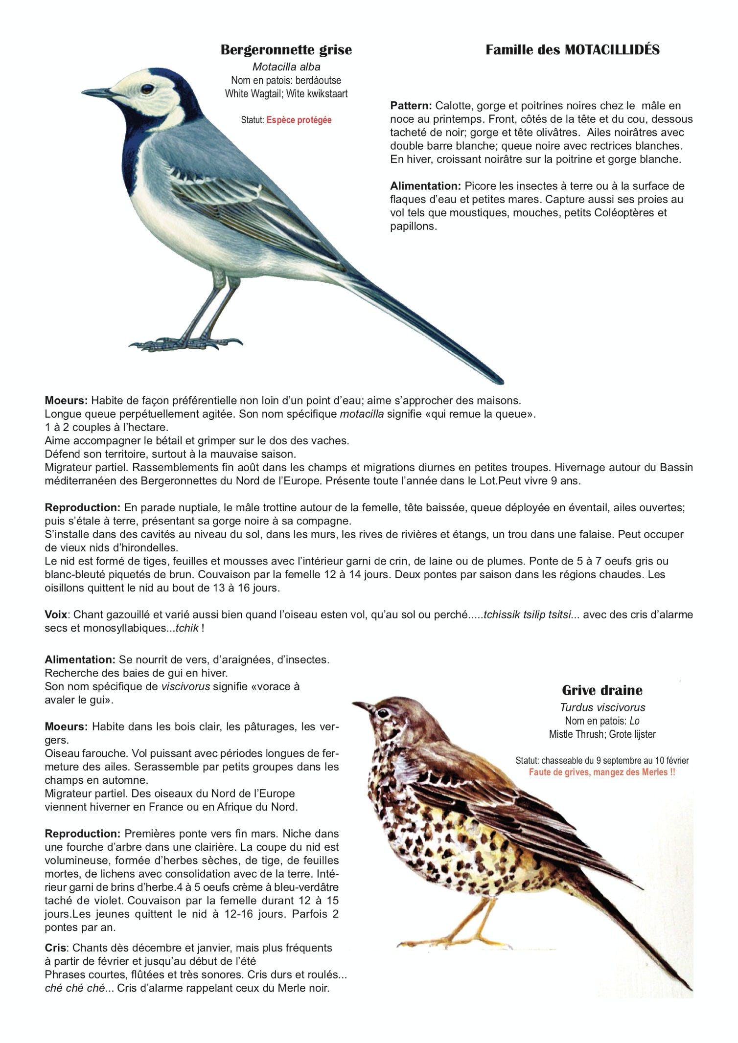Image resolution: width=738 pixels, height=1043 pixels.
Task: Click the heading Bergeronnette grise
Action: pos(286,50)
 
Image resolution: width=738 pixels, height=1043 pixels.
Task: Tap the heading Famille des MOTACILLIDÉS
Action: pos(572,50)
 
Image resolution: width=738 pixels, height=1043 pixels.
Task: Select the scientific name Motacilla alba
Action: pos(286,67)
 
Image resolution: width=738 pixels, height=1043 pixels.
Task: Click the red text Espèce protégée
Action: pos(299,120)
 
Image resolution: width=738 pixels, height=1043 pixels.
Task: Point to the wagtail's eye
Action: pos(147,89)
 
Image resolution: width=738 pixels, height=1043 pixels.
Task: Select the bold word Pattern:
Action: pos(411,106)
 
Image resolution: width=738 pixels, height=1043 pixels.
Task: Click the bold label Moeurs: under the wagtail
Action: pos(66,401)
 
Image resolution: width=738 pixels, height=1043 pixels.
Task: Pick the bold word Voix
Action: pos(56,614)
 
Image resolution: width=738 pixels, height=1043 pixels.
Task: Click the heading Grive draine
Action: pos(602,690)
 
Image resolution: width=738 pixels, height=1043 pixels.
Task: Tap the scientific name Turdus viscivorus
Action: pos(602,707)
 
